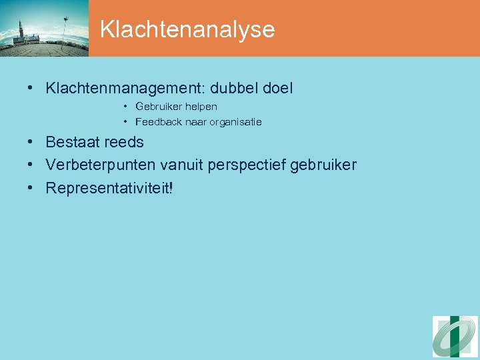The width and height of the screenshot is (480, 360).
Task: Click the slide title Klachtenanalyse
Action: tap(187, 29)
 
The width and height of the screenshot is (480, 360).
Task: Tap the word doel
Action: tap(278, 88)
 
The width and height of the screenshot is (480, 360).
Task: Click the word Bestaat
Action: tap(73, 142)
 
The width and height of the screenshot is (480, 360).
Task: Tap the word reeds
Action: tap(124, 142)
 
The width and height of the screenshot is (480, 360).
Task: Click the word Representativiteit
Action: tap(107, 188)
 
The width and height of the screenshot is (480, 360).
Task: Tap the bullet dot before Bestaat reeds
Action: tap(31, 143)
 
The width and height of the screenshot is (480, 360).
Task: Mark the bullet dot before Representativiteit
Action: tap(31, 189)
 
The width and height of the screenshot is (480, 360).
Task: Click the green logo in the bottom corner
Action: tap(455, 337)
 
